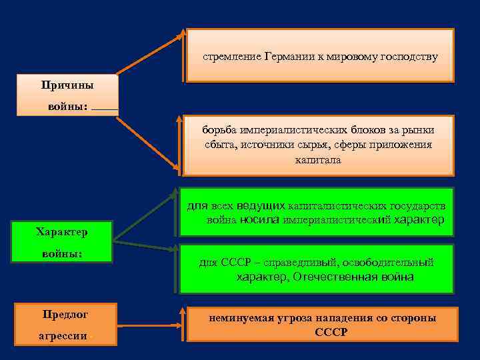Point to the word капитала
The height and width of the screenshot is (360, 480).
318,161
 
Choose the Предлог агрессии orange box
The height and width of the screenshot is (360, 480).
65,325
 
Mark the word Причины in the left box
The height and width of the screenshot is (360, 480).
67,85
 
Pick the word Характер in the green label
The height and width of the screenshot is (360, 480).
62,232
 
